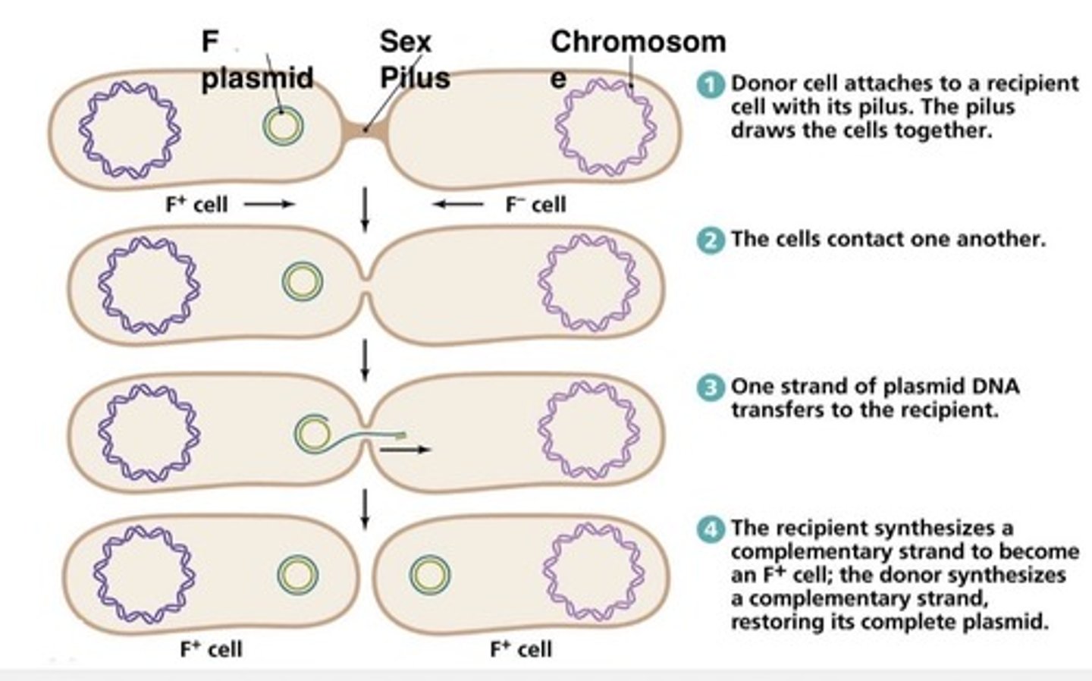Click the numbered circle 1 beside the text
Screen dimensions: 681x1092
[x=711, y=85]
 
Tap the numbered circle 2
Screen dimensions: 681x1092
[x=711, y=240]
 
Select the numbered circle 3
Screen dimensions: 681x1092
[x=711, y=388]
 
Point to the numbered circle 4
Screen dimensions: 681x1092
[x=711, y=529]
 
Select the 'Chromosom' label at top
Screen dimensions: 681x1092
[x=638, y=42]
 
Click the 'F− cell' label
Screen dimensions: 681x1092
[x=535, y=204]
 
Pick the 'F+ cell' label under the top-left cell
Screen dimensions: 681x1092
[x=196, y=204]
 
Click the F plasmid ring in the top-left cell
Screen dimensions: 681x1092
[x=284, y=126]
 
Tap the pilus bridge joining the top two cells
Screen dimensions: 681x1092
[x=365, y=130]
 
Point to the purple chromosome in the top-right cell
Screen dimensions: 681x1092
[x=604, y=127]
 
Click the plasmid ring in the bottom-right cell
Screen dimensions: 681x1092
[x=430, y=574]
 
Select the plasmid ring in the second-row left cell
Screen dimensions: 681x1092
[x=303, y=281]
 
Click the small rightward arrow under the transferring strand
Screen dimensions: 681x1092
[x=405, y=450]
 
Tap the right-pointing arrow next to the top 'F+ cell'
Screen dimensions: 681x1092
[x=269, y=204]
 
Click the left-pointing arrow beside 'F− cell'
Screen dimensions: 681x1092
[x=458, y=204]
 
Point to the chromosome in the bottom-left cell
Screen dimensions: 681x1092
[x=143, y=574]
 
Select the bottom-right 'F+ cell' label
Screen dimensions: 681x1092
[x=521, y=649]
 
